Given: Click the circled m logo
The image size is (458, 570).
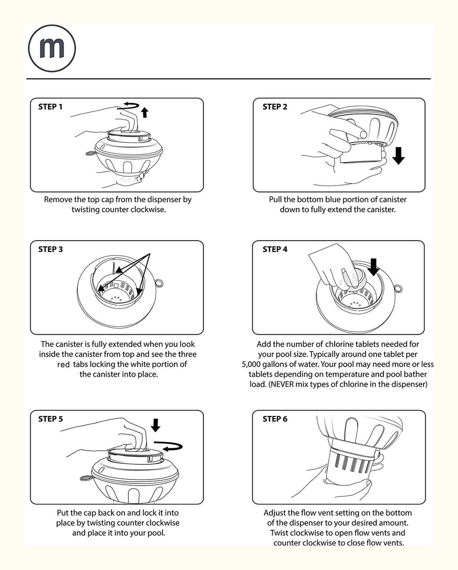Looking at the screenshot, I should pyautogui.click(x=52, y=49).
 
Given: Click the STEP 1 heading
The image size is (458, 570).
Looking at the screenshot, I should pyautogui.click(x=50, y=107).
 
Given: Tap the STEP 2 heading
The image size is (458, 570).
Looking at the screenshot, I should pyautogui.click(x=275, y=107).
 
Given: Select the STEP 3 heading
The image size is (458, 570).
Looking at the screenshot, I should pyautogui.click(x=50, y=249).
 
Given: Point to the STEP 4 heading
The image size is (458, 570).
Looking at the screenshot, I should pyautogui.click(x=275, y=249).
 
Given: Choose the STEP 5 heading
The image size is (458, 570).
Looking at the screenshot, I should pyautogui.click(x=50, y=419).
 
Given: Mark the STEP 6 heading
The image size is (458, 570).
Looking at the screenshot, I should pyautogui.click(x=275, y=419).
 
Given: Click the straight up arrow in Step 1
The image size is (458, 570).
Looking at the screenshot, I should pyautogui.click(x=145, y=112).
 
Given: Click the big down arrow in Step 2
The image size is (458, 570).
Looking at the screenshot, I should pyautogui.click(x=398, y=155).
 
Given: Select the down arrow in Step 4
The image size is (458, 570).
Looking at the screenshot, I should pyautogui.click(x=373, y=266).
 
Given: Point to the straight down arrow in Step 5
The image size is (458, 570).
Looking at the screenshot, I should pyautogui.click(x=155, y=425).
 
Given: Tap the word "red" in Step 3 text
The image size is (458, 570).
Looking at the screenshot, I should pyautogui.click(x=64, y=365).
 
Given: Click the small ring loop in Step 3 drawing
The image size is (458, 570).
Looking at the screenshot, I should pyautogui.click(x=159, y=283).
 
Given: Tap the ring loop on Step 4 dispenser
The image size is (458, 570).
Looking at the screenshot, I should pyautogui.click(x=398, y=288).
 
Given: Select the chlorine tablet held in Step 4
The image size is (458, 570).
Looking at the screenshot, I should pyautogui.click(x=356, y=278).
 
